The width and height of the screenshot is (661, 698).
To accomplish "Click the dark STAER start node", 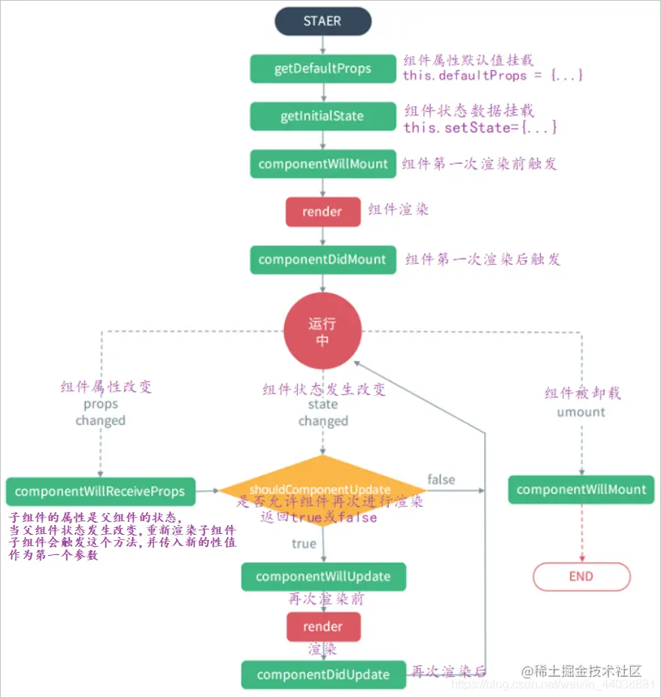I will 323,21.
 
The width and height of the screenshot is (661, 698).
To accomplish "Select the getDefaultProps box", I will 323,68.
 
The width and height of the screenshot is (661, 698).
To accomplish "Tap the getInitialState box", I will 323,117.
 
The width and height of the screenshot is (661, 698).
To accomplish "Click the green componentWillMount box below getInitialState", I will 323,164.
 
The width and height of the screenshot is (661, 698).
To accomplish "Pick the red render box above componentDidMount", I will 323,212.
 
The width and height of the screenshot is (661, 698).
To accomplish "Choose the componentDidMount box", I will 323,259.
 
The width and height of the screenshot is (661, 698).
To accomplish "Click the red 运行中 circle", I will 323,332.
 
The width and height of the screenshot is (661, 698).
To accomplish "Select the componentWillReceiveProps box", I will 100,492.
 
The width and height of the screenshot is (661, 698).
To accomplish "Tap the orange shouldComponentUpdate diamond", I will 323,490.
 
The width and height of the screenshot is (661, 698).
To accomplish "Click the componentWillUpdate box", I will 323,577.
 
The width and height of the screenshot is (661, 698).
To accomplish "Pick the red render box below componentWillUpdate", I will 323,627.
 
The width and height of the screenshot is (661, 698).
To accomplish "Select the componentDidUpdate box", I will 323,675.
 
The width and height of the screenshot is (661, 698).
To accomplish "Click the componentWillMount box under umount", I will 581,490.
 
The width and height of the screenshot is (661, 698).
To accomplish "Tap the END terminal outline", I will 581,577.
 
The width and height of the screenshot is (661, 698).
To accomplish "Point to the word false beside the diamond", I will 441,479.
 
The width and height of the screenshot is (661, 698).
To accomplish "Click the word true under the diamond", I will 304,543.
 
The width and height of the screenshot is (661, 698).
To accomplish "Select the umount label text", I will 581,412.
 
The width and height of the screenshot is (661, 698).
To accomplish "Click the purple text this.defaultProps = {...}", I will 493,76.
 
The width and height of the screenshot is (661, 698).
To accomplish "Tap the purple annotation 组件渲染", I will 399,210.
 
